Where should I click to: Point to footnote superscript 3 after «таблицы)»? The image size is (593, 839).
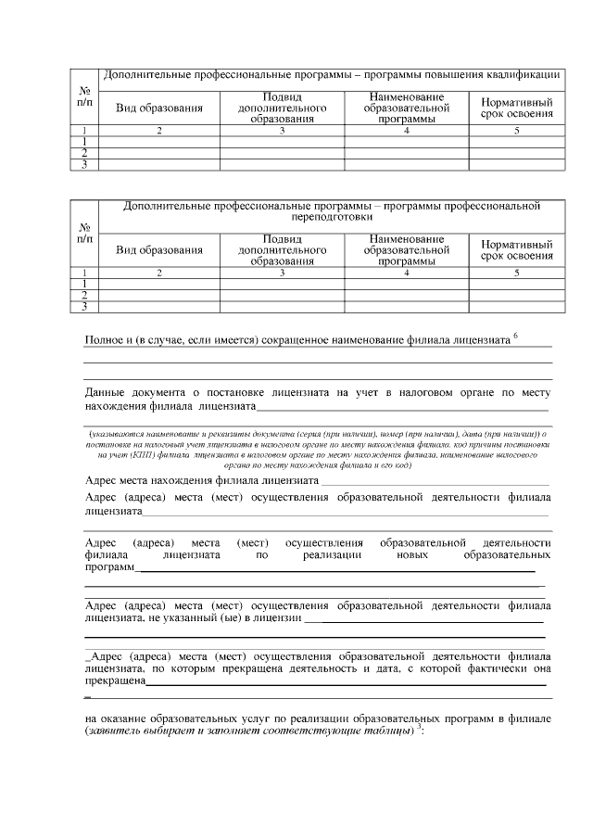tap(420, 726)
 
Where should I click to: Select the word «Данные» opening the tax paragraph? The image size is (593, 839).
tap(106, 392)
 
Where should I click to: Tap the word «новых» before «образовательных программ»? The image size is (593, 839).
tap(409, 554)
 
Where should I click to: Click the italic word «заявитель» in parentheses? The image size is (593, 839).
tap(114, 731)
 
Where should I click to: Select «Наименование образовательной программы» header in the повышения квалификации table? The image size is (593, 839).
tap(406, 108)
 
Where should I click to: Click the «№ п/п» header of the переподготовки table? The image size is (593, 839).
tap(85, 233)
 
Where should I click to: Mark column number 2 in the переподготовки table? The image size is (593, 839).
tap(158, 273)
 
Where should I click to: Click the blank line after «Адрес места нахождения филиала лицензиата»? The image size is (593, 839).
tap(435, 482)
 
